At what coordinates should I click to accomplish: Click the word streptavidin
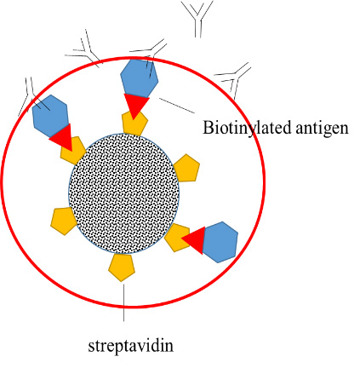[x=130, y=347]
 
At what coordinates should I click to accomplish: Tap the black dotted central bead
[x=124, y=193]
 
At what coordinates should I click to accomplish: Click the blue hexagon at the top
[x=139, y=78]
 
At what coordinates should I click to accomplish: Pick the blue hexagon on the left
[x=50, y=116]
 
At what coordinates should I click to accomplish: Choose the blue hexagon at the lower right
[x=220, y=242]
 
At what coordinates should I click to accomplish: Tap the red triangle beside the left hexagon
[x=63, y=138]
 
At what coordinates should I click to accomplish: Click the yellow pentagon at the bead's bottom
[x=122, y=267]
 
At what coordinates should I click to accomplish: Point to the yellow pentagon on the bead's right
[x=186, y=168]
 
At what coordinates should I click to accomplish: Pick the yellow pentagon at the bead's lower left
[x=64, y=221]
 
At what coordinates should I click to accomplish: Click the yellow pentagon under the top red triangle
[x=134, y=124]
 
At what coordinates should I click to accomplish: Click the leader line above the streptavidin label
[x=123, y=302]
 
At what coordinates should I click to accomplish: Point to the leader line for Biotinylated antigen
[x=177, y=106]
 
